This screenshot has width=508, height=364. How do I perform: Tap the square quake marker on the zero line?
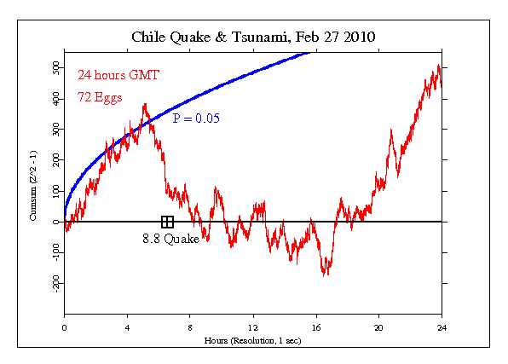click(x=167, y=222)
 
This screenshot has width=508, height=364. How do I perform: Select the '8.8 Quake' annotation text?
click(x=170, y=240)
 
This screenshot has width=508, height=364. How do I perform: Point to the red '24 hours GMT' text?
click(x=112, y=74)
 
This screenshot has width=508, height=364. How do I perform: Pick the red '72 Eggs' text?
click(x=99, y=97)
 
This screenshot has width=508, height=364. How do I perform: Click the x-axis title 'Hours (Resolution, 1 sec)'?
click(x=253, y=339)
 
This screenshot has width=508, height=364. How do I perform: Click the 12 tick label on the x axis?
click(x=253, y=327)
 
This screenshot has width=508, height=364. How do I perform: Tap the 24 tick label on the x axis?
click(x=442, y=327)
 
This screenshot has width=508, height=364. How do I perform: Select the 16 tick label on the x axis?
click(x=316, y=327)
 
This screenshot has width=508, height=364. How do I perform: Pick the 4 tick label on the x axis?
click(x=127, y=327)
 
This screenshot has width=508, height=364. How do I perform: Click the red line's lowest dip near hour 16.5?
click(x=325, y=274)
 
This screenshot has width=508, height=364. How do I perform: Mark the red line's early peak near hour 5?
click(x=145, y=105)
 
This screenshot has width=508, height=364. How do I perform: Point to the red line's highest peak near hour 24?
click(x=438, y=65)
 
